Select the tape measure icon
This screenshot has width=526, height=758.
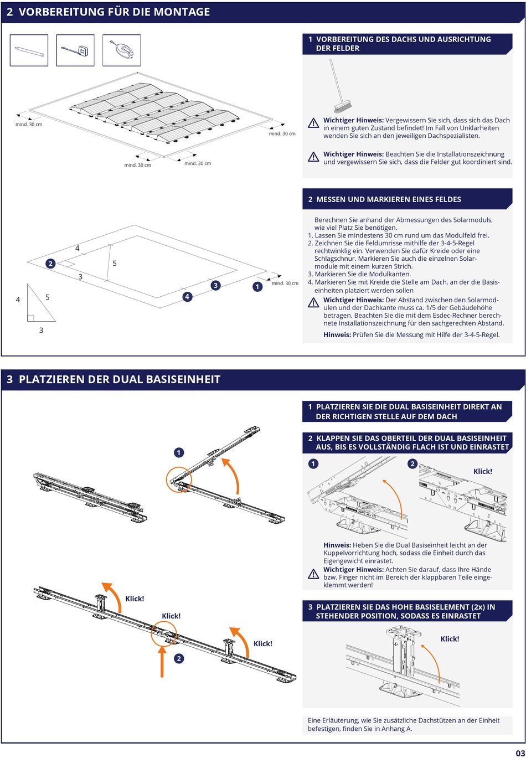[x=75, y=50]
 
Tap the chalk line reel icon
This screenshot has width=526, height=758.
[x=121, y=50]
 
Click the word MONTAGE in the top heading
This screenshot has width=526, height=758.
[x=183, y=12]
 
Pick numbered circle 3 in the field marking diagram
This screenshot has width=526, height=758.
[x=215, y=285]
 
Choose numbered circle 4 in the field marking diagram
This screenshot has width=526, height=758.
[x=187, y=297]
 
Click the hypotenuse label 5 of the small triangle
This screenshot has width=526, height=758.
[x=48, y=297]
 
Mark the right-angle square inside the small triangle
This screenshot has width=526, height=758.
[x=30, y=318]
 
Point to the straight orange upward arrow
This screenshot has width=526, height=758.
[x=162, y=661]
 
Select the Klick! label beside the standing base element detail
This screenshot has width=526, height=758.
[x=450, y=639]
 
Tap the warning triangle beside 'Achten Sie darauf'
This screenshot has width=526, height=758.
[x=313, y=574]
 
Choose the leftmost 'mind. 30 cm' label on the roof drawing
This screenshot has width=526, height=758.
[x=29, y=124]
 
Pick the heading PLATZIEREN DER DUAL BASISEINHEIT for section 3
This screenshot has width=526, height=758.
[x=120, y=379]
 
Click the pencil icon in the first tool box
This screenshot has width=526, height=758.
[x=29, y=50]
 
